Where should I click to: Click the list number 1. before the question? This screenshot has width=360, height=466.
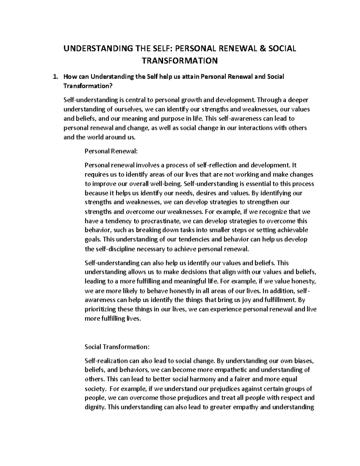[55, 77]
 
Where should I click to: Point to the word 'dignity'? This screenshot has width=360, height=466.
[95, 407]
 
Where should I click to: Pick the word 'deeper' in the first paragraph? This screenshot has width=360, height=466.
[299, 100]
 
